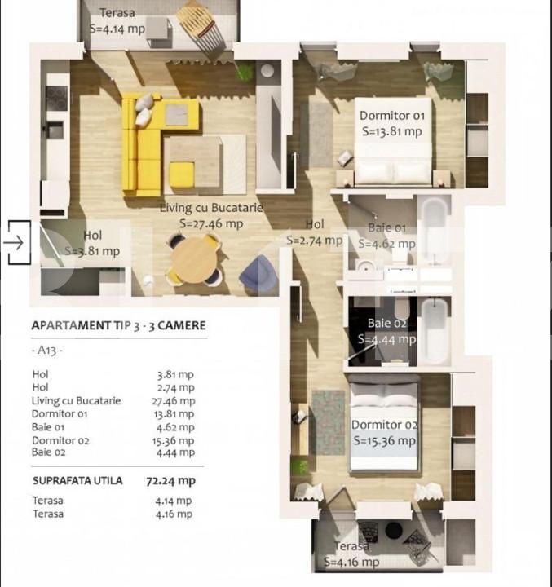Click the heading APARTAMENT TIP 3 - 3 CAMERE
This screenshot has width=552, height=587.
118,325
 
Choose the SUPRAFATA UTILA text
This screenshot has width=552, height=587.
77,481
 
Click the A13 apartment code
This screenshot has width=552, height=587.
50,351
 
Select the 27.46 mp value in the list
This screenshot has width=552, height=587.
175,401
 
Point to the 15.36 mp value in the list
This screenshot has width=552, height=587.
175,440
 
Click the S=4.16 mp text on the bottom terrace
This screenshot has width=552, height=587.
351,562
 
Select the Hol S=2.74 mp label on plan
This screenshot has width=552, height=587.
314,233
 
